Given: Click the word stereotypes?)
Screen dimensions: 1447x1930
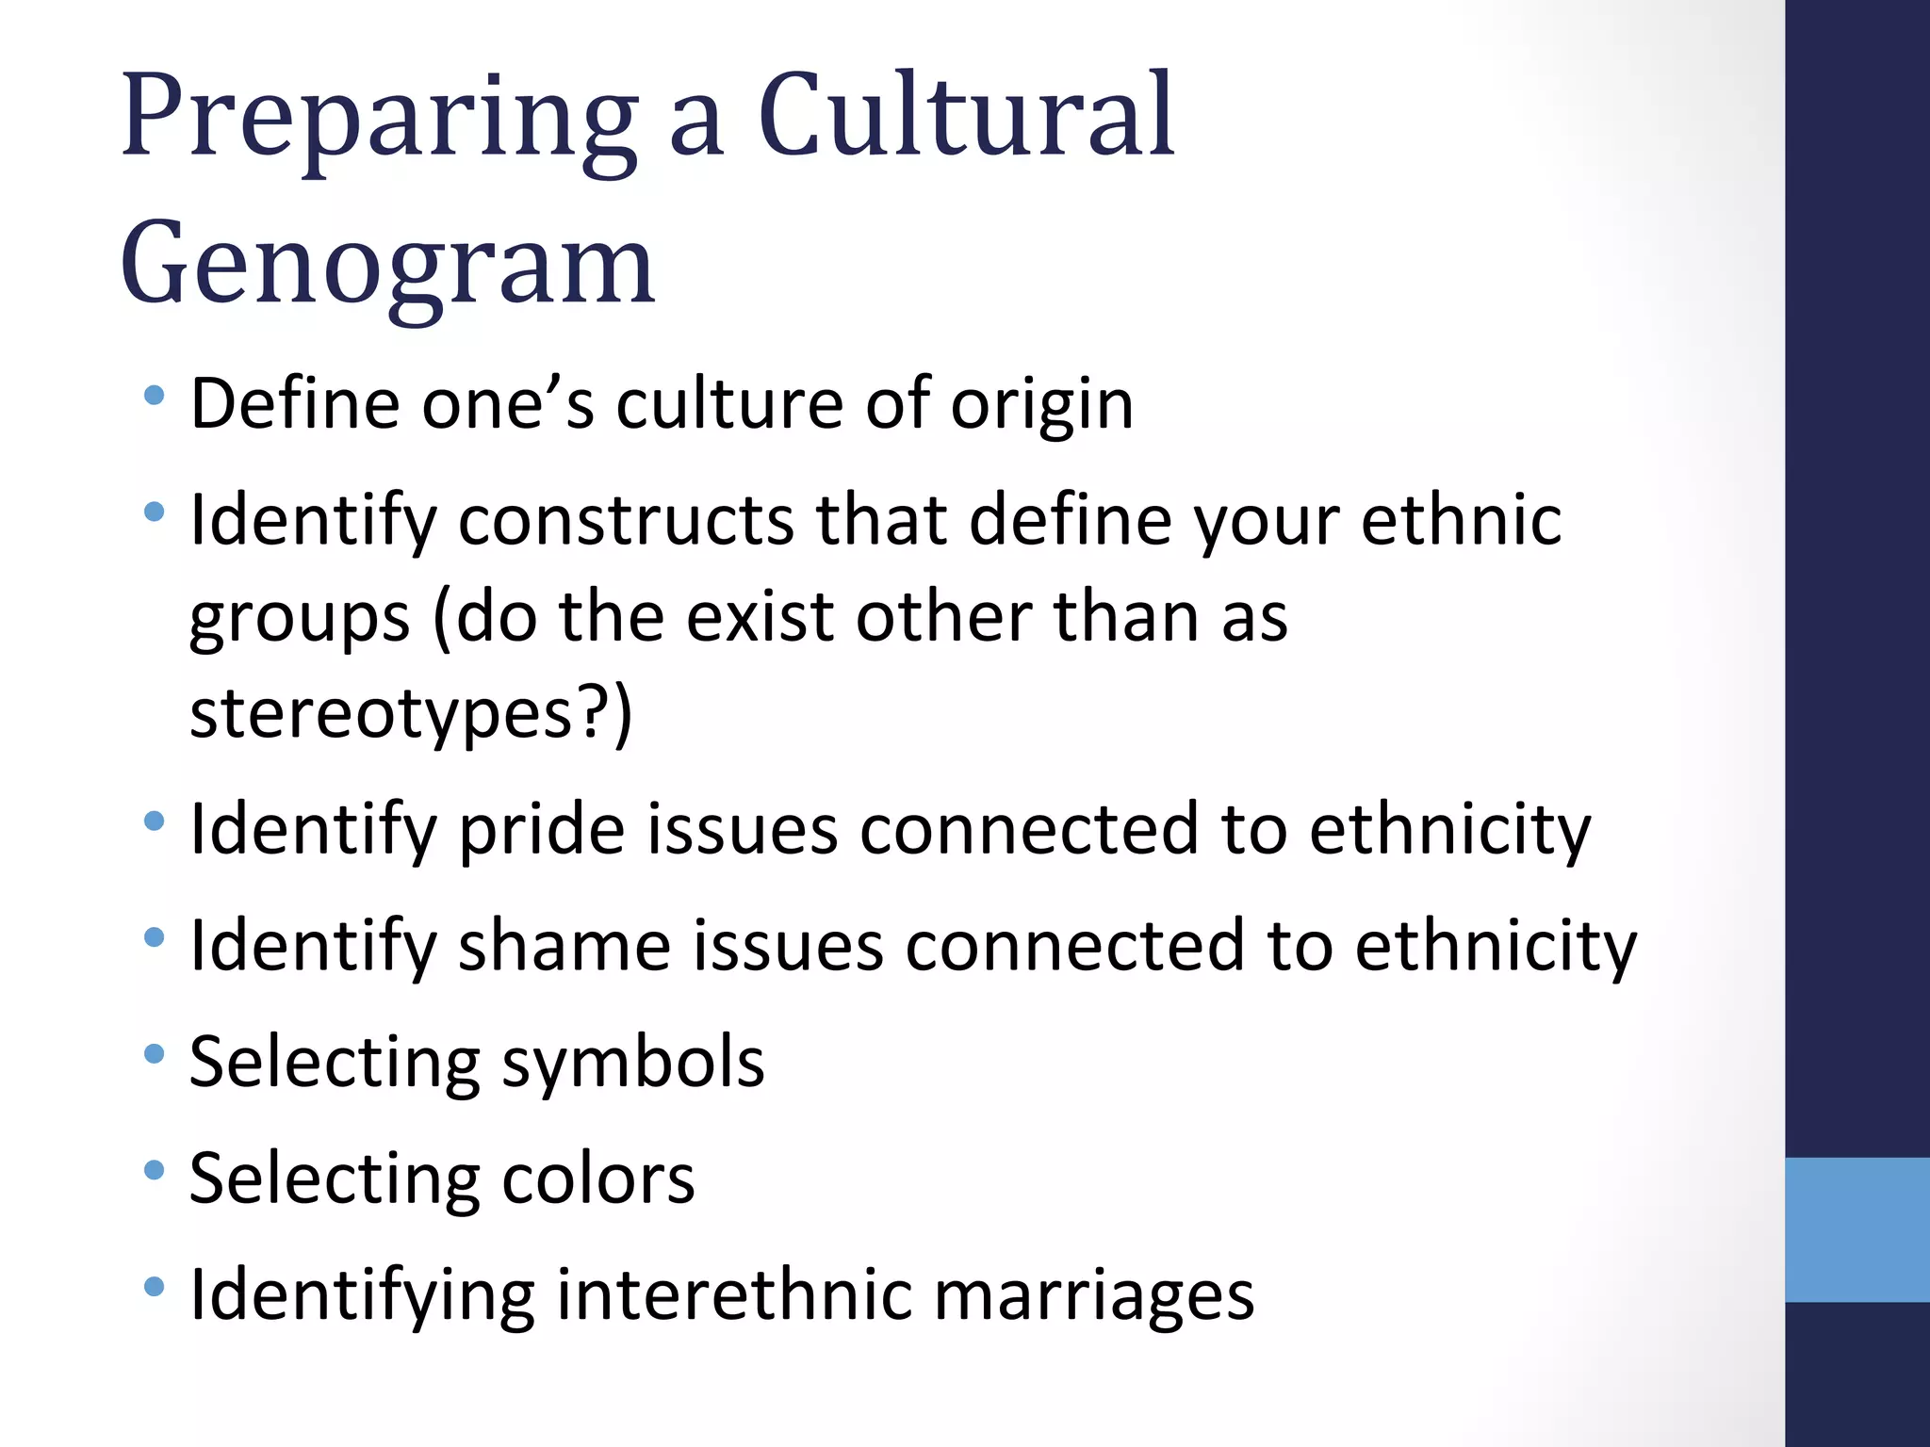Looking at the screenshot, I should tap(411, 714).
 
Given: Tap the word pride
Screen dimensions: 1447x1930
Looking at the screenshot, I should tap(542, 830).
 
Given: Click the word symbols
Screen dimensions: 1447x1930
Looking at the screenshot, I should tap(632, 1063).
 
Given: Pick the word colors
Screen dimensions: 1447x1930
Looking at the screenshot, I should tap(598, 1179).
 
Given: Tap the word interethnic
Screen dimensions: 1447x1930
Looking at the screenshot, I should tap(734, 1294).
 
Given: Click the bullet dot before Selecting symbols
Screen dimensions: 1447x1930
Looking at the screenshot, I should tap(155, 1053).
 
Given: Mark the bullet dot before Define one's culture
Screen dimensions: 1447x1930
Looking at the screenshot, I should tap(155, 395).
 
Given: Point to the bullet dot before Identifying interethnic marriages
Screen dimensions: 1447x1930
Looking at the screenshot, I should tap(155, 1286).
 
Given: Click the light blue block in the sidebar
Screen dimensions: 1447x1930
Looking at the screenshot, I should tap(1856, 1229).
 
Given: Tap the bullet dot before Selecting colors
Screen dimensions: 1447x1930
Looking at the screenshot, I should tap(155, 1170).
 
